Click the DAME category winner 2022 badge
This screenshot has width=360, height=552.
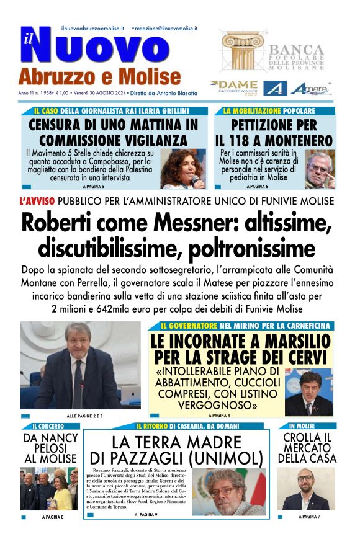tap(233, 86)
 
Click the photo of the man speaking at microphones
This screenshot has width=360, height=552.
tap(80, 365)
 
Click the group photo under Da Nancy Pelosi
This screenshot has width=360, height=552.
tap(49, 488)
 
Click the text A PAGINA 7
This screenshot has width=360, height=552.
tap(309, 516)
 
